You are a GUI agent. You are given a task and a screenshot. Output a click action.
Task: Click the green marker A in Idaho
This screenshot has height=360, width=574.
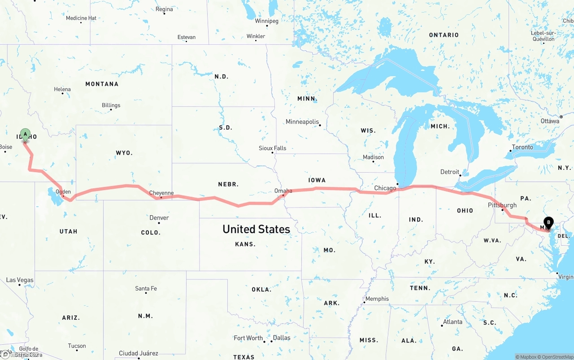click(x=25, y=134)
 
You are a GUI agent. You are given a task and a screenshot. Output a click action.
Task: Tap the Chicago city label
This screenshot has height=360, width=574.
click(x=385, y=188)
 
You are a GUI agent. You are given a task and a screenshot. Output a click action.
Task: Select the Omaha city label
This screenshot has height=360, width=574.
click(x=283, y=191)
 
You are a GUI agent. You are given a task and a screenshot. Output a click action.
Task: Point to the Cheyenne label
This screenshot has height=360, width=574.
click(x=161, y=193)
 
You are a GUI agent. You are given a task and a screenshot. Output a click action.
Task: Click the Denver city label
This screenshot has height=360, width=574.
click(x=159, y=218)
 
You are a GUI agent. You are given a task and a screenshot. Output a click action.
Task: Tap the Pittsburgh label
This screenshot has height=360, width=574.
click(x=502, y=205)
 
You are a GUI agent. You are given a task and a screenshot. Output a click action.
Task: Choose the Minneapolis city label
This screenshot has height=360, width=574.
click(x=302, y=121)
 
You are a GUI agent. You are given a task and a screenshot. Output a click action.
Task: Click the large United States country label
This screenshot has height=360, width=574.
click(x=256, y=229)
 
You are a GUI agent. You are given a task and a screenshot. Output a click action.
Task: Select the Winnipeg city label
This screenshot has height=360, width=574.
click(x=266, y=21)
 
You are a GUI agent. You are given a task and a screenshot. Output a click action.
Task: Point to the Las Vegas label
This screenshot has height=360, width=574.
click(x=20, y=280)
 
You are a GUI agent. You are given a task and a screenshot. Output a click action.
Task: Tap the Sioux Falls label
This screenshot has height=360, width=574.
click(x=272, y=148)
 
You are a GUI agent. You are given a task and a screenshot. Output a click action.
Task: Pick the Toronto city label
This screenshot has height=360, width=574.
click(x=522, y=147)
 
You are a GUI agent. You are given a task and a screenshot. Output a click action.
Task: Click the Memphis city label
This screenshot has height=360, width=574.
click(x=377, y=299)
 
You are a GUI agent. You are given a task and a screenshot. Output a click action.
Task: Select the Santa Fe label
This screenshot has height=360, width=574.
click(x=146, y=288)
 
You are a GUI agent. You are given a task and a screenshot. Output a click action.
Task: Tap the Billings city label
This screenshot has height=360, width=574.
click(x=111, y=105)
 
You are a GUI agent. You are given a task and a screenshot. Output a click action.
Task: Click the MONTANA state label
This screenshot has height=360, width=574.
click(x=102, y=84)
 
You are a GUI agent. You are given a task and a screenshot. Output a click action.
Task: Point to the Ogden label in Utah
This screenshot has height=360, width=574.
click(x=63, y=192)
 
